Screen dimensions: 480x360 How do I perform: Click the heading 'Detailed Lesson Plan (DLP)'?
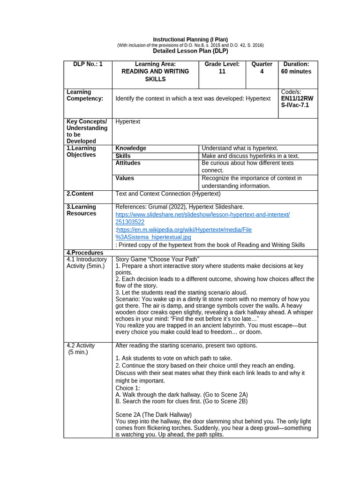(190, 51)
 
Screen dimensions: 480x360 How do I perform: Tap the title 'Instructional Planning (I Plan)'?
(190, 39)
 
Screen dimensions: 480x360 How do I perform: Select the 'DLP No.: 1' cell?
(88, 64)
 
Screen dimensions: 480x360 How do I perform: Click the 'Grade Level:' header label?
(222, 64)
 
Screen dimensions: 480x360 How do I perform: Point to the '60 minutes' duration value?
(296, 72)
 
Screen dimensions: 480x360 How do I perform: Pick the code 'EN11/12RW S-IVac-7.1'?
(297, 102)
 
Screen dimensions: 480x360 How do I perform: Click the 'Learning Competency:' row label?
(85, 95)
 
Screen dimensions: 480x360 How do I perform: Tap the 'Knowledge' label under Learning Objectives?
(131, 148)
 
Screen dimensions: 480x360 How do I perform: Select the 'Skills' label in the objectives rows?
(123, 156)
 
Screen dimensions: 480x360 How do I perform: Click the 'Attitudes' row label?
(128, 163)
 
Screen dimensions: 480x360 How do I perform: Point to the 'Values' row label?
(125, 178)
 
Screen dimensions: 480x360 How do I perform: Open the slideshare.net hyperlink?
(202, 215)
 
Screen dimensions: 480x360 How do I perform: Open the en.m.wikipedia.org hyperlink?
(184, 230)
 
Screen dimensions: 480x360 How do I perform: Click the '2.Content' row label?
(80, 194)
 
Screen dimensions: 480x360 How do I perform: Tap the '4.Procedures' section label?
(85, 253)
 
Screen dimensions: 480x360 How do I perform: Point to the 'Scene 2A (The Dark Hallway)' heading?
(153, 415)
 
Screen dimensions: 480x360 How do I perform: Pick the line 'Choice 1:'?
(127, 388)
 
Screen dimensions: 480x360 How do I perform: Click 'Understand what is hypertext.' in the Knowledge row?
(240, 148)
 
